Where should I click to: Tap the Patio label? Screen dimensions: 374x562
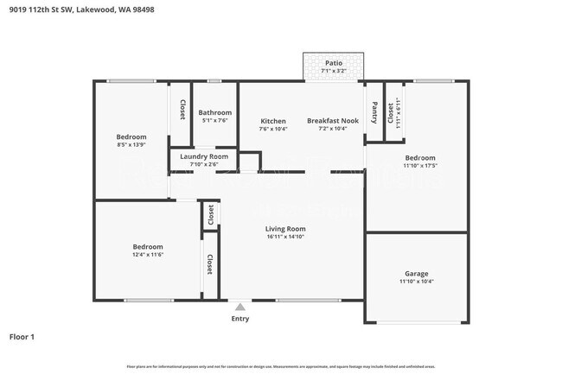point(333,63)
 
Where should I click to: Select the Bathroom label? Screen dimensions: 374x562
point(215,112)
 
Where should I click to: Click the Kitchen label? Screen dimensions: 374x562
point(273,121)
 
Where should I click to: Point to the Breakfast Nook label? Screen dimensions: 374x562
point(333,121)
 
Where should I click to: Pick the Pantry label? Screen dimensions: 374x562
point(374,112)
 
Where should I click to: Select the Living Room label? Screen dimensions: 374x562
point(284,229)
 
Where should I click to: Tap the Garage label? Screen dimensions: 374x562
point(417,274)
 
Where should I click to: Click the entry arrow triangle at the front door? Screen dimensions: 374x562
point(239,305)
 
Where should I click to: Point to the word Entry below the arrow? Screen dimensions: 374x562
point(239,319)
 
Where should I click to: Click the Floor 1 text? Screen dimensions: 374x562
point(22,337)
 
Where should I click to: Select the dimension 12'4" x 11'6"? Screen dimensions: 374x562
point(148,255)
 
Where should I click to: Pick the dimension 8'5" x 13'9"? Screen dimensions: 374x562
point(131,145)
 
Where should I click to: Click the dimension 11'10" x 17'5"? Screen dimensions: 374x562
point(420,166)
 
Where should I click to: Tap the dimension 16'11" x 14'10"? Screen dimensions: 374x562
point(284,237)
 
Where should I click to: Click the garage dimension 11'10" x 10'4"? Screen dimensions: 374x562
point(417,282)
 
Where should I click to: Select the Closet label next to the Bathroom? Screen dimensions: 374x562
point(182,111)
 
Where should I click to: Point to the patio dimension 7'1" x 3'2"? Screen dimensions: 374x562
point(333,71)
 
